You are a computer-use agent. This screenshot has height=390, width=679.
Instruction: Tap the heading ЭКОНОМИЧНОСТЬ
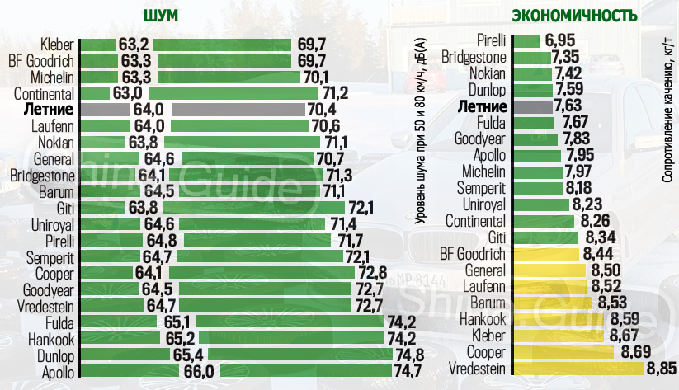pos(575,16)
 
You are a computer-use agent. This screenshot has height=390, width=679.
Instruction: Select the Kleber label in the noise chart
pos(58,44)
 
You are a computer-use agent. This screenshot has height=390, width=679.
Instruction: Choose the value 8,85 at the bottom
pos(662,368)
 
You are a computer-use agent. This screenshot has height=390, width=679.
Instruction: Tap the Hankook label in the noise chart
pos(53,339)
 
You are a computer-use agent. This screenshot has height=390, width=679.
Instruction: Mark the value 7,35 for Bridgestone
pos(568,56)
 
